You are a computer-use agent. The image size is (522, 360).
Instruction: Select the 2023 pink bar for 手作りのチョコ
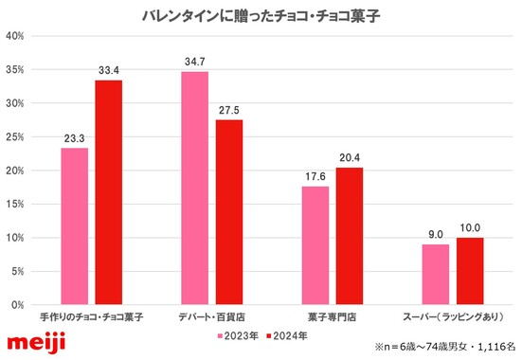(74, 226)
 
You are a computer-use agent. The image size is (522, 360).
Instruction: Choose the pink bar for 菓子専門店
(315, 245)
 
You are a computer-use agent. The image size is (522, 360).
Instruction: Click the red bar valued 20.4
(350, 236)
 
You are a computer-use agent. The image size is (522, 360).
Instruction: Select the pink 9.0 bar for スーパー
(435, 275)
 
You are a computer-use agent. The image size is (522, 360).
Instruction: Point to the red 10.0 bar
(471, 271)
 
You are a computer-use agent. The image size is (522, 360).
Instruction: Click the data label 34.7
(194, 61)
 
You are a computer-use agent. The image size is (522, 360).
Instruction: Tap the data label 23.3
(74, 137)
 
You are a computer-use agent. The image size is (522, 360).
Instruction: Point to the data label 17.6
(315, 175)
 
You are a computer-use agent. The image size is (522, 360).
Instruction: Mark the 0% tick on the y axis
(18, 305)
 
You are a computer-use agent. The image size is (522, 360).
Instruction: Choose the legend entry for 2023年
(241, 335)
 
